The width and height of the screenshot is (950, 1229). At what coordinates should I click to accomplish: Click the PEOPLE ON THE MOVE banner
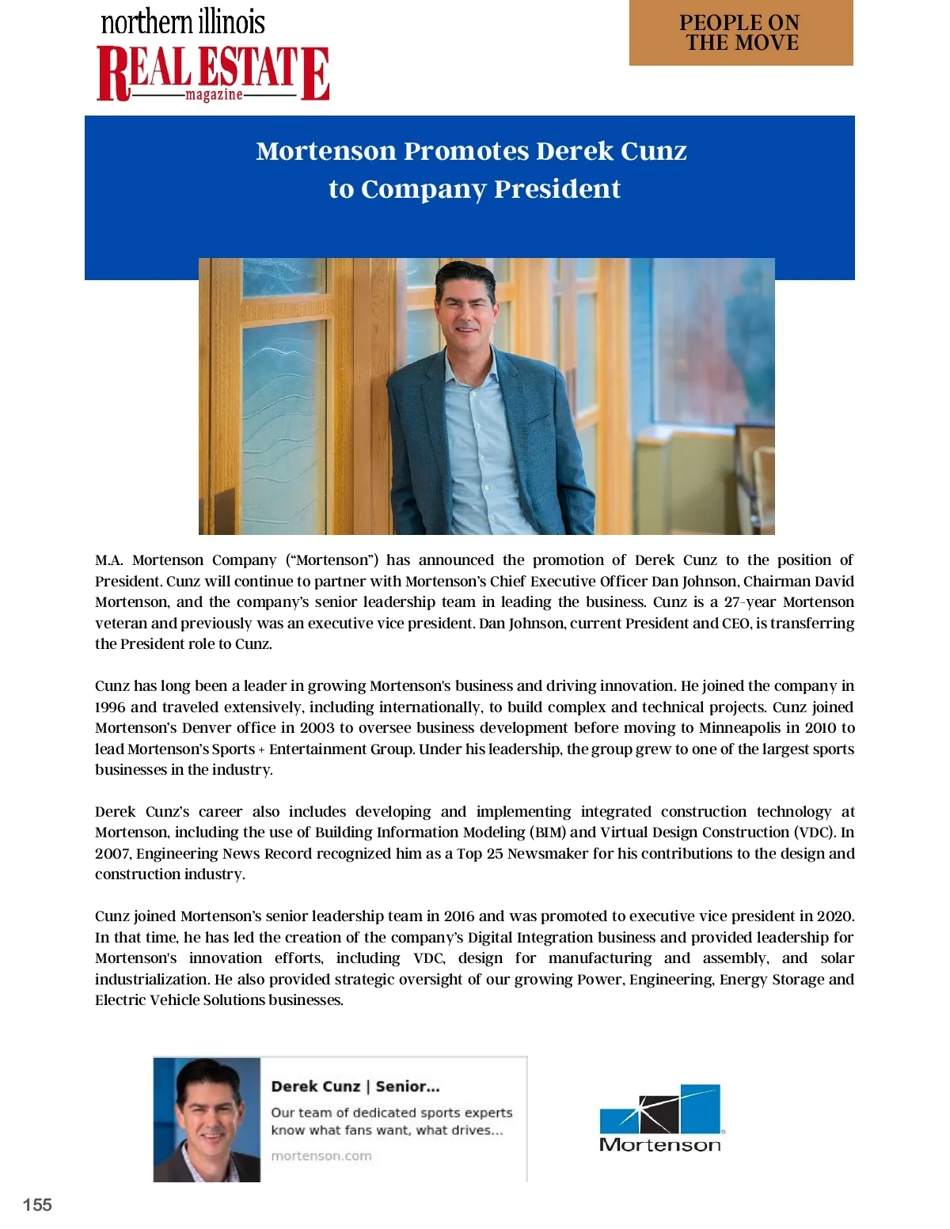741,33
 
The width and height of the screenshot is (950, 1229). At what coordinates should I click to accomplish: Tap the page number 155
37,1204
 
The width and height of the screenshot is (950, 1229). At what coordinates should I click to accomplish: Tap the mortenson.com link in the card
321,1155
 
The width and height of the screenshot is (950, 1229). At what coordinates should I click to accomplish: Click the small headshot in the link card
207,1119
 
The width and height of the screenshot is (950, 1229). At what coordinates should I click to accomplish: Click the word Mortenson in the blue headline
325,151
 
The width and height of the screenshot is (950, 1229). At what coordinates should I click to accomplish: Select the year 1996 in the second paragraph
110,707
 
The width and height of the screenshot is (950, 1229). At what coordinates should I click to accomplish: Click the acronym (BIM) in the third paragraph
548,833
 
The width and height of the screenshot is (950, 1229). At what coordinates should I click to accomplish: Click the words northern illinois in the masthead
183,22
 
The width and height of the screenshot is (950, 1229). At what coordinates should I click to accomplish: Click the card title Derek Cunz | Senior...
355,1087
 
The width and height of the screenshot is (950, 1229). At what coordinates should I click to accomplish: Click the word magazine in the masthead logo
214,95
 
